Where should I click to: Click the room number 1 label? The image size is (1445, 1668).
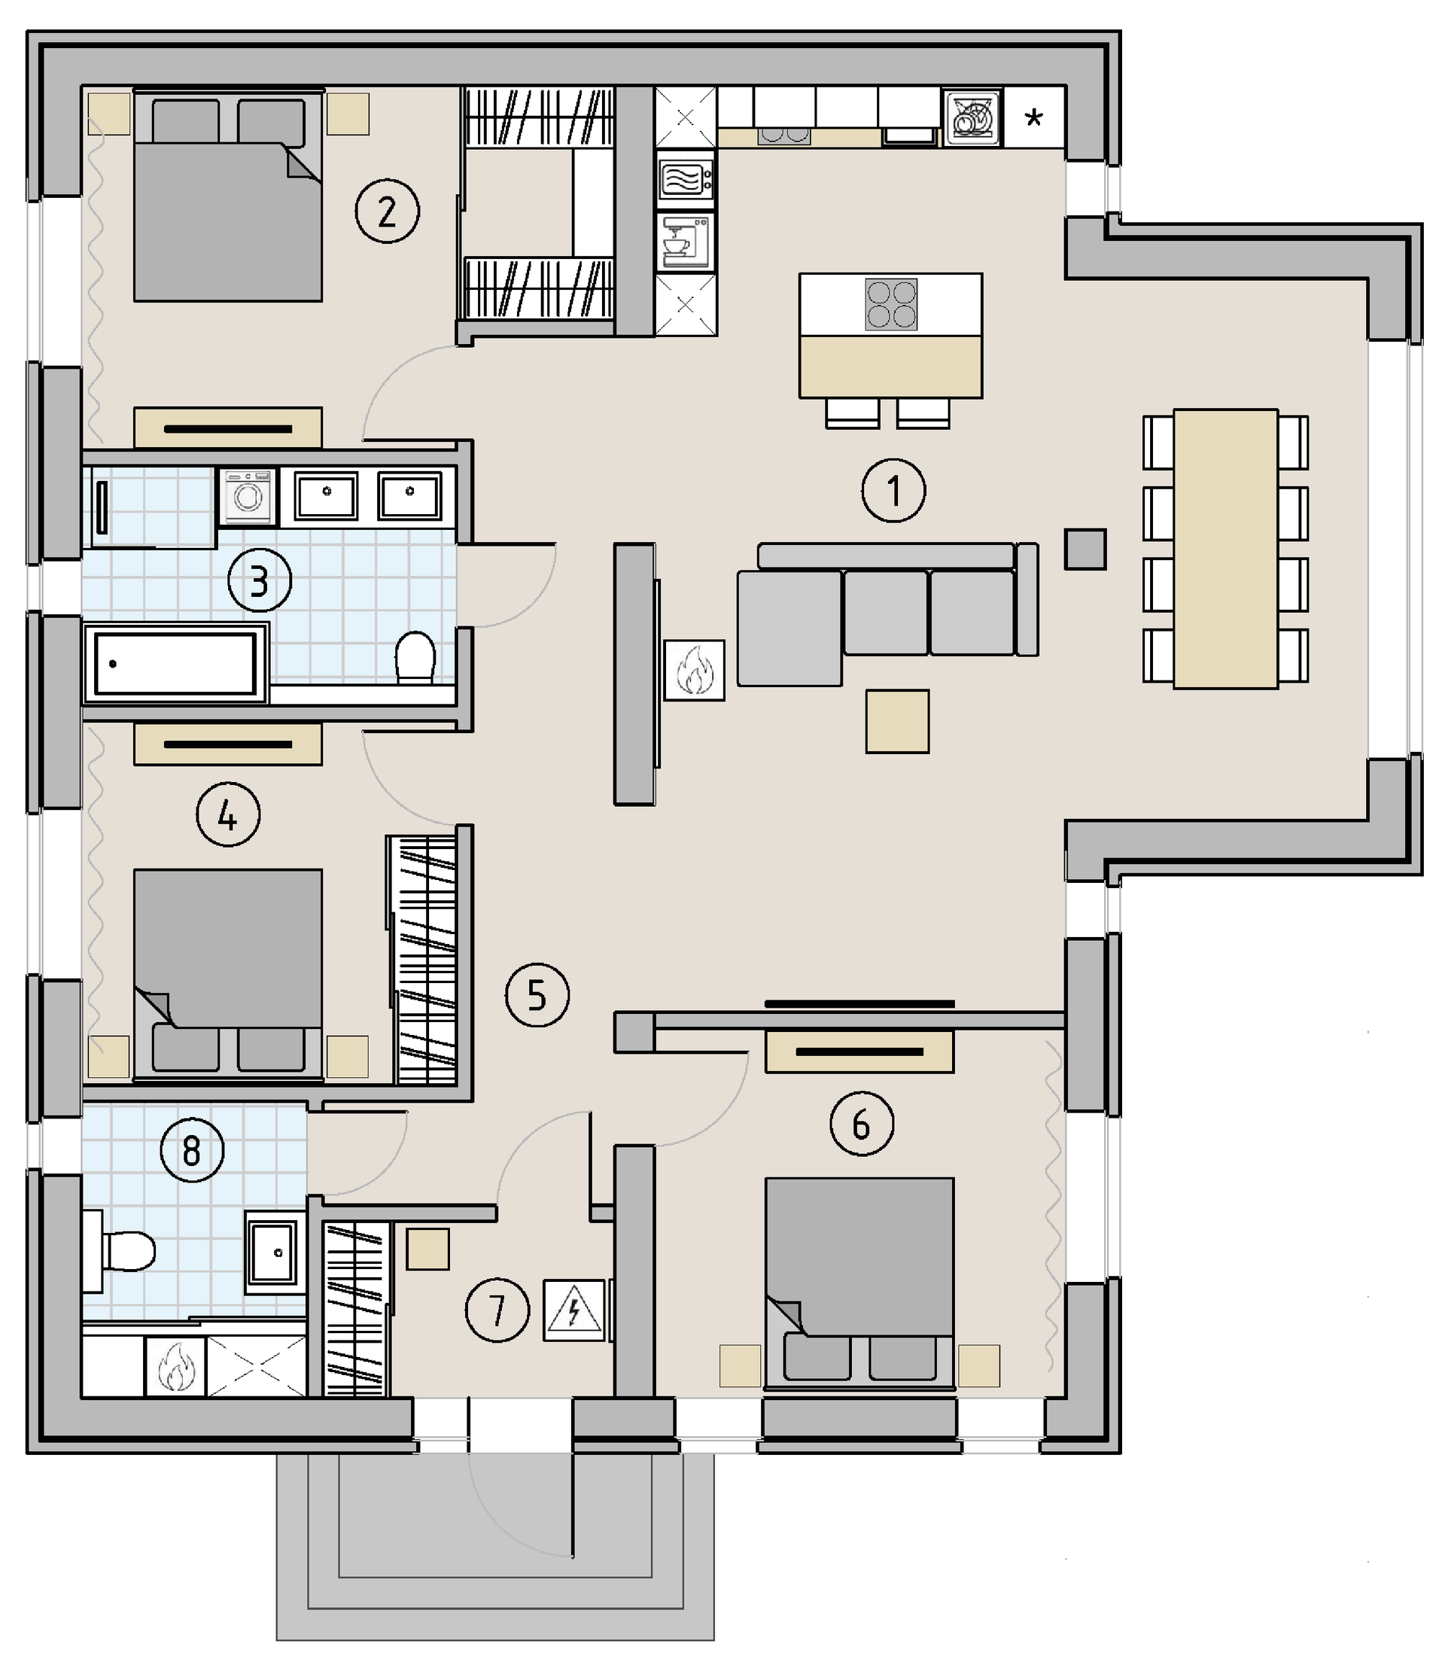tap(893, 491)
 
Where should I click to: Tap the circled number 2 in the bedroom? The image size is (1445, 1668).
tap(387, 212)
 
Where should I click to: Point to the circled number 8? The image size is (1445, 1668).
tap(192, 1150)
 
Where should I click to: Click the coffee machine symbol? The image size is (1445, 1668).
tap(686, 241)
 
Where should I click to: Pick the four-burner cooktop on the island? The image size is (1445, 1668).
tap(891, 304)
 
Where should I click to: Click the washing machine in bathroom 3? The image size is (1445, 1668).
tap(248, 496)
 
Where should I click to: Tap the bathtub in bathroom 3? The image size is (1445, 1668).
tap(176, 663)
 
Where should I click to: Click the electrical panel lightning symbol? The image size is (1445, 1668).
tap(573, 1310)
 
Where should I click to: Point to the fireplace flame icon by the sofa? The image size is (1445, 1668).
tap(694, 669)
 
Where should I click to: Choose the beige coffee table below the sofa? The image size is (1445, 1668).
tap(897, 721)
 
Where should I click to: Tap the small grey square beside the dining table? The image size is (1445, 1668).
tap(1085, 549)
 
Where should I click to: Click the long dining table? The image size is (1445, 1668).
tap(1226, 549)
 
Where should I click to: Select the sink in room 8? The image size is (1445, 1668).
tap(272, 1253)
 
